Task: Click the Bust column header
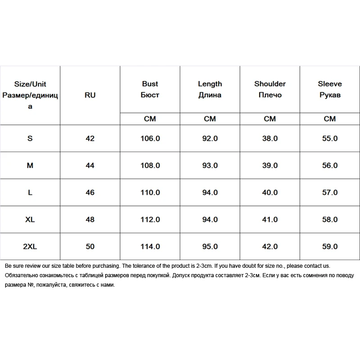(x=150, y=89)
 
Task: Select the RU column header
(x=90, y=95)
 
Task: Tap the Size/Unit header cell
(x=30, y=95)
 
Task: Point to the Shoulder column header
(x=270, y=89)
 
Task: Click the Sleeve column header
(x=330, y=89)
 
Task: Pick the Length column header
(x=210, y=89)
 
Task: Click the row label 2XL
(x=30, y=247)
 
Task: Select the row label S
(x=30, y=139)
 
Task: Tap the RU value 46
(x=90, y=193)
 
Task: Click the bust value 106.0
(x=150, y=139)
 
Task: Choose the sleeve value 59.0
(x=330, y=247)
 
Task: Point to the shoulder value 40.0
(x=270, y=193)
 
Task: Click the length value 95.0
(x=210, y=247)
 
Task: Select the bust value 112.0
(x=150, y=220)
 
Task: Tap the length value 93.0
(x=210, y=166)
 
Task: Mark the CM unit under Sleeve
(x=330, y=119)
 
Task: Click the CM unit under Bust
(x=150, y=119)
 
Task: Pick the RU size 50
(x=90, y=247)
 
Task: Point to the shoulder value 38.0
(x=270, y=139)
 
